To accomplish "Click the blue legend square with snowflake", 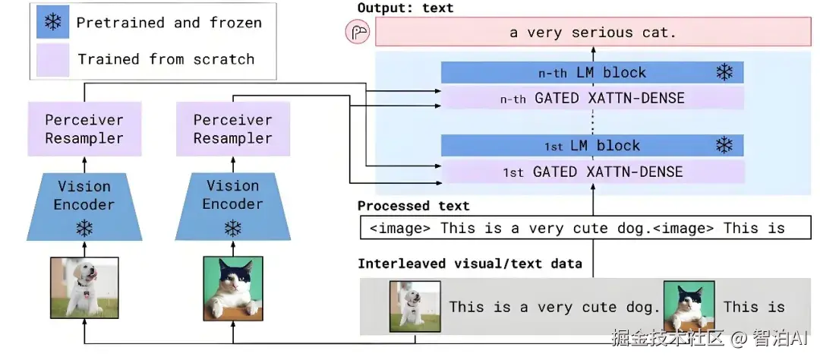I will click(52, 22).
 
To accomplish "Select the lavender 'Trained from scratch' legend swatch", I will click(52, 58).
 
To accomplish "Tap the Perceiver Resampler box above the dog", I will click(84, 129).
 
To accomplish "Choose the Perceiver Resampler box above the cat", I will click(232, 129).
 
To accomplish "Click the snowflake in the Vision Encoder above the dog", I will click(84, 227).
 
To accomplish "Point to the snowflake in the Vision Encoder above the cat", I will click(232, 227).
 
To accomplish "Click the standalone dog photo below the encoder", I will click(84, 288).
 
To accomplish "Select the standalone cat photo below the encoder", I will click(233, 288).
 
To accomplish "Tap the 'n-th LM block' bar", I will click(592, 73).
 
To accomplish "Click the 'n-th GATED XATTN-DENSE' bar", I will click(592, 98).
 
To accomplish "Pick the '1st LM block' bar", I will click(592, 146).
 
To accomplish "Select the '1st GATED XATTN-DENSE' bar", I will click(592, 172).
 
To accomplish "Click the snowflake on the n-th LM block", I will click(724, 73).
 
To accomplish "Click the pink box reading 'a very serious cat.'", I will click(592, 33).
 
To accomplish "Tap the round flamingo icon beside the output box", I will click(357, 33).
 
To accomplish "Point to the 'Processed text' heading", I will click(414, 206).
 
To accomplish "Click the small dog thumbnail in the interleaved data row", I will click(415, 306).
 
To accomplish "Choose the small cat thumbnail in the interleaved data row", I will click(689, 306).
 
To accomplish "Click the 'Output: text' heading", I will click(405, 8).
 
